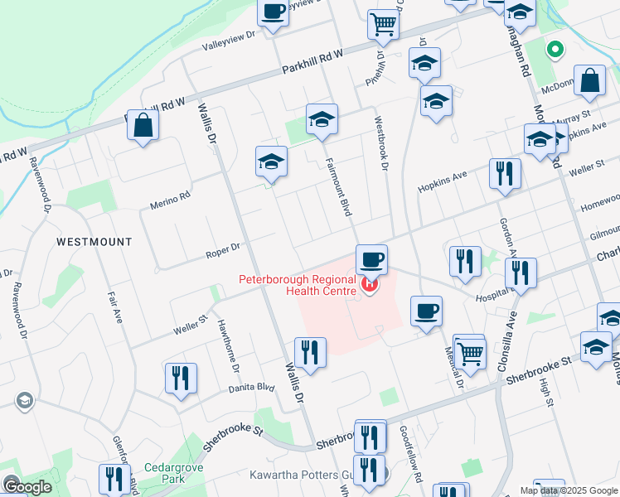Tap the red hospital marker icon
point(370,287)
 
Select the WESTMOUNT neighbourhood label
point(94,242)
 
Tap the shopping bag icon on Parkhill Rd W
point(143,126)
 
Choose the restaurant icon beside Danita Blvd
point(180,379)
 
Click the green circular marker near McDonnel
point(555,50)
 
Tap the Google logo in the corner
point(27,487)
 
